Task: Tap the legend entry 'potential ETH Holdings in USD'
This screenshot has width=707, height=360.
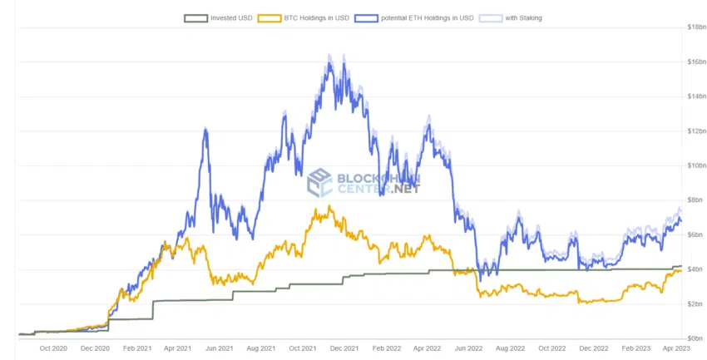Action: coord(426,17)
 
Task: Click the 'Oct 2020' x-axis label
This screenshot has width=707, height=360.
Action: coord(53,348)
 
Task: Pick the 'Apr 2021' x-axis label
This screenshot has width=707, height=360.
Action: coord(178,348)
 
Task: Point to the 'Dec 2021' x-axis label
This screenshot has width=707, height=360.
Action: coord(344,348)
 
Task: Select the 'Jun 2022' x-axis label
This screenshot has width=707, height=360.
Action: coord(470,348)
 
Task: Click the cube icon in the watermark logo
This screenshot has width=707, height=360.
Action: coord(320,183)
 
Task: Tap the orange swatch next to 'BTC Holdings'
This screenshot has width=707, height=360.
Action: coord(270,17)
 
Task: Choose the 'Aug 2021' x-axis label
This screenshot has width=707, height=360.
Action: coord(261,348)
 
